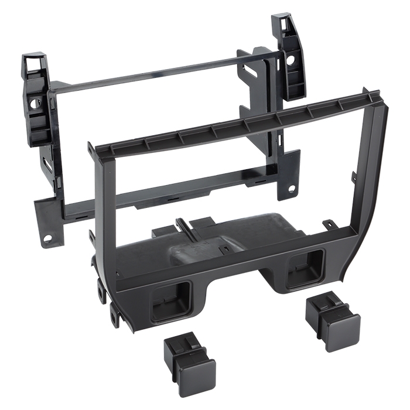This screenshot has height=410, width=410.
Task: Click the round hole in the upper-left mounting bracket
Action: point(37,107)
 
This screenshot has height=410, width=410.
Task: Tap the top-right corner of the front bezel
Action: point(373,97)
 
